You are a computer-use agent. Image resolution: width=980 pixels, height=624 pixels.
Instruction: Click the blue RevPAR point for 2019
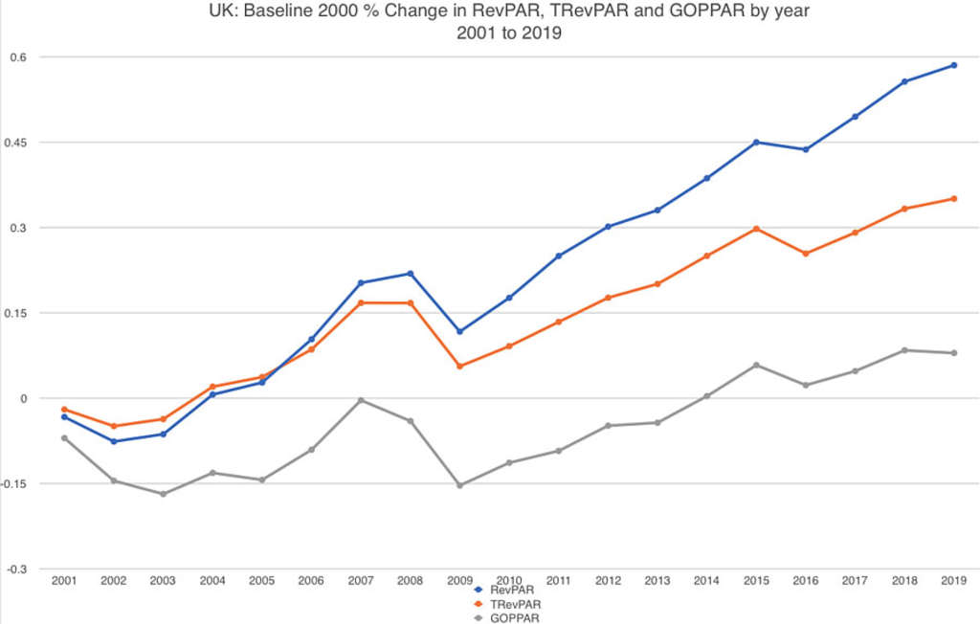[x=954, y=65]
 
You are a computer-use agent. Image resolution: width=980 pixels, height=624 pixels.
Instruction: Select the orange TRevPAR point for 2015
[x=756, y=229]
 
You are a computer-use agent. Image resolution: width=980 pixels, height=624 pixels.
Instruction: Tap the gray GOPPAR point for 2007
[x=361, y=400]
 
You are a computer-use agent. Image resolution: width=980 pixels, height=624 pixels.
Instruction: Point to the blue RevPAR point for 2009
[x=459, y=331]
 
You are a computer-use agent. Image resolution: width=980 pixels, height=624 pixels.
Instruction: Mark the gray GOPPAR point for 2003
[x=163, y=494]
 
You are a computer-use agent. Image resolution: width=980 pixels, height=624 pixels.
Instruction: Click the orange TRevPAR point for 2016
[x=806, y=254]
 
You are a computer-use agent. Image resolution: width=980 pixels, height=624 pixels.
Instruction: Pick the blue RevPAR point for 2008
[x=411, y=274]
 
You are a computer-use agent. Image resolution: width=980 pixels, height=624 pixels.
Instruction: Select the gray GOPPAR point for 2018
[x=904, y=350]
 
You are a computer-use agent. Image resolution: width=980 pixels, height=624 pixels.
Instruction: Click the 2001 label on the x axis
[x=64, y=580]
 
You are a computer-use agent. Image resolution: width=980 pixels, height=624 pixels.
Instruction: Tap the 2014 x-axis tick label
[x=707, y=580]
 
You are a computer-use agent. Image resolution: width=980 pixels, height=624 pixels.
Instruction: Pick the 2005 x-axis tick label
[x=262, y=580]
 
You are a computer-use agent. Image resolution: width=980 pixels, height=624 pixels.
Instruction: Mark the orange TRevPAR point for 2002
[x=114, y=426]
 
